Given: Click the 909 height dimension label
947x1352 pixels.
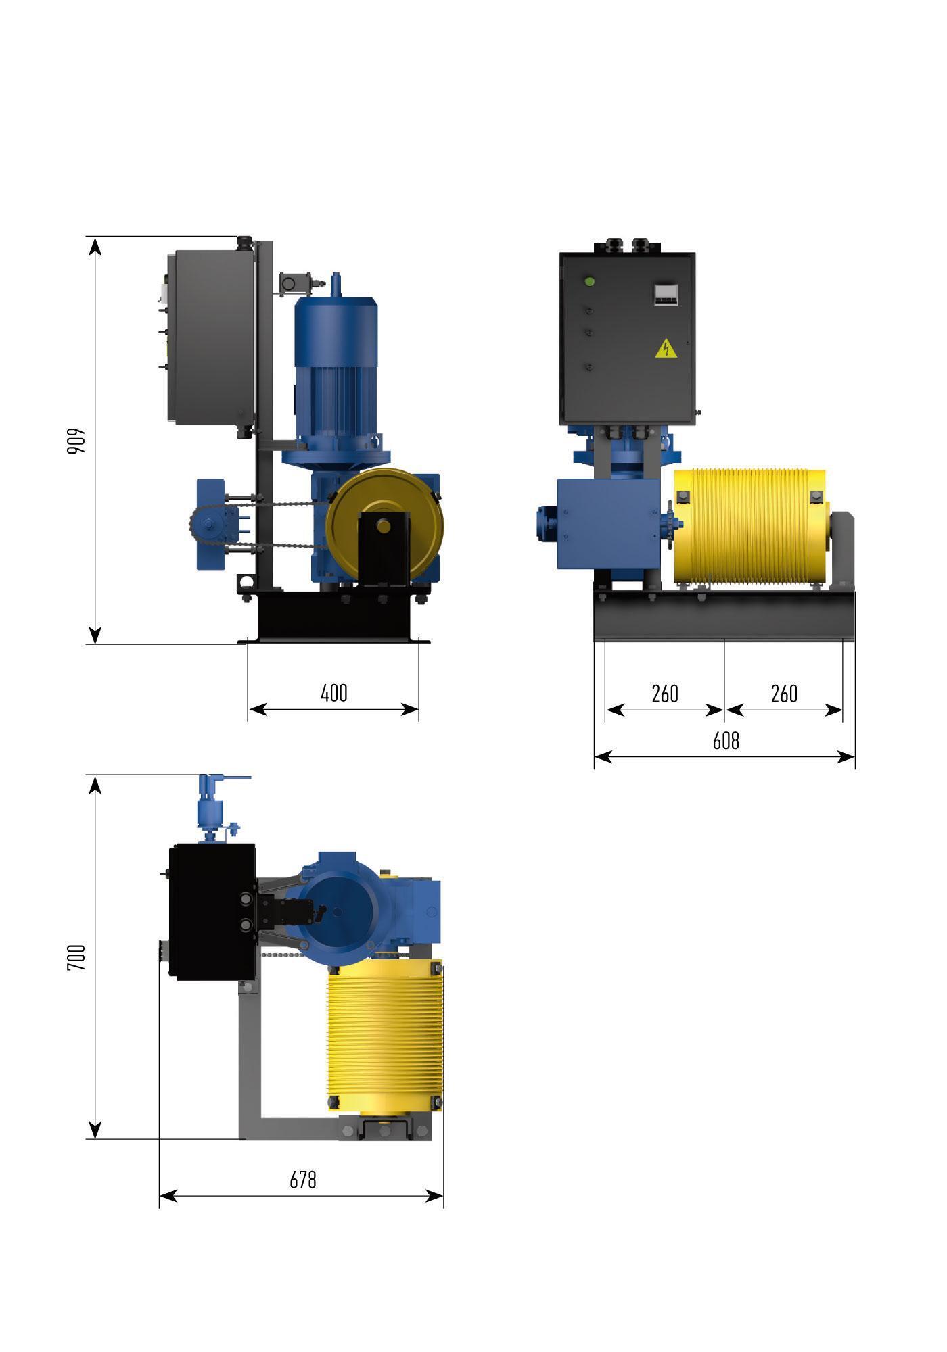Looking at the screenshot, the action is pyautogui.click(x=76, y=440).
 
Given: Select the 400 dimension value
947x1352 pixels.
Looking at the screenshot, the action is pyautogui.click(x=334, y=693).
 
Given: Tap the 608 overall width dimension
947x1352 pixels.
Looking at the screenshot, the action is pyautogui.click(x=726, y=741).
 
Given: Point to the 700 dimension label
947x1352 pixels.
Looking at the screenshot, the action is pyautogui.click(x=76, y=958).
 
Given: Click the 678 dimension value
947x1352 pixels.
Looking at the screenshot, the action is pyautogui.click(x=302, y=1180).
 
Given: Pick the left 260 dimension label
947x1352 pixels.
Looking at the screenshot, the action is pyautogui.click(x=664, y=694).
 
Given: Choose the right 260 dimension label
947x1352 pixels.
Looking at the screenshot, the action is pyautogui.click(x=784, y=694).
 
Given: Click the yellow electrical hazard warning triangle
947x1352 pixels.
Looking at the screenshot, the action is pyautogui.click(x=666, y=348).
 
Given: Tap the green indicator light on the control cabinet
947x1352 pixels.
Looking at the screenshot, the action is pyautogui.click(x=589, y=281).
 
